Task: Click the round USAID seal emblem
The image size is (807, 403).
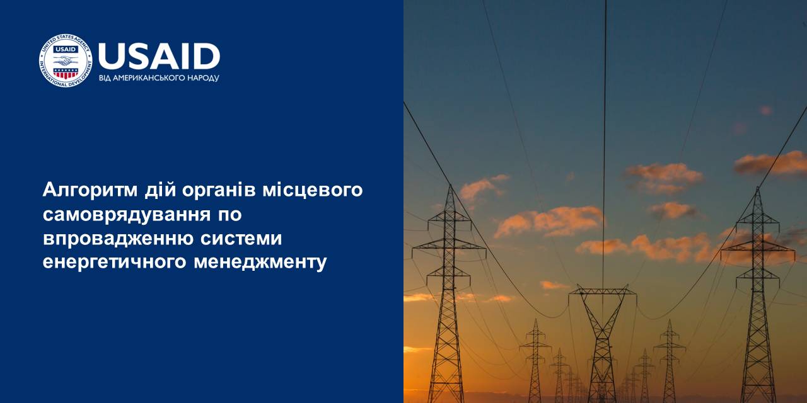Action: (x=66, y=61)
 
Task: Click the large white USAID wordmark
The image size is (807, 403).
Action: (x=159, y=57)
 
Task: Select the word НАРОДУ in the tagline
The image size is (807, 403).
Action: (x=203, y=78)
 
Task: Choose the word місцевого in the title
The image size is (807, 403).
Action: (x=312, y=191)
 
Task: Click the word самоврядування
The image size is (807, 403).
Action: (x=127, y=215)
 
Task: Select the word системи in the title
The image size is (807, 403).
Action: (x=241, y=239)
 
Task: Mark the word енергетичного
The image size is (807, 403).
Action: (x=115, y=262)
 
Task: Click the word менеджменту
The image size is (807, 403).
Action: (x=260, y=262)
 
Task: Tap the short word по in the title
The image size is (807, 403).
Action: (x=229, y=215)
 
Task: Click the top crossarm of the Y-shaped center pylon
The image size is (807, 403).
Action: (x=602, y=291)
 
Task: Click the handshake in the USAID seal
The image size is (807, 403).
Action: (x=65, y=60)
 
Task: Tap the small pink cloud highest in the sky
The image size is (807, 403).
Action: (x=765, y=110)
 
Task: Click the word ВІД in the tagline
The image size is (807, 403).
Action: (x=105, y=78)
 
